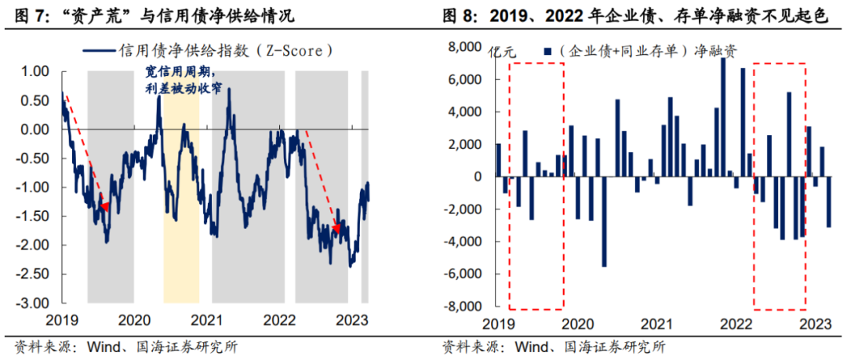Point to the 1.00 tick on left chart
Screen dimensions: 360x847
tap(34, 71)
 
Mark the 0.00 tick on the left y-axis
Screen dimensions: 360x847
tap(34, 129)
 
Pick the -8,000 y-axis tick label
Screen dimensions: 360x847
tap(461, 306)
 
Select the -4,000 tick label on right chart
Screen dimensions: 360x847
tap(461, 242)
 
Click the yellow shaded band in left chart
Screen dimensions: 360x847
tap(181, 235)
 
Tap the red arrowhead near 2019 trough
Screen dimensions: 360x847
tap(103, 206)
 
